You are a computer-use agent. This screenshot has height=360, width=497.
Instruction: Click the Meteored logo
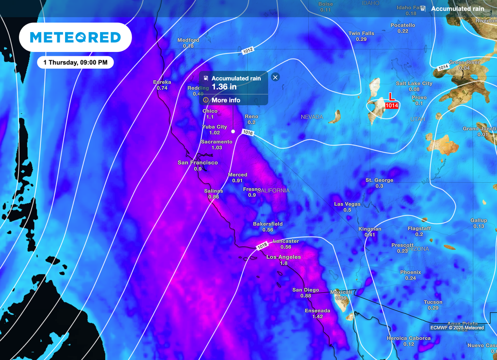pos(75,37)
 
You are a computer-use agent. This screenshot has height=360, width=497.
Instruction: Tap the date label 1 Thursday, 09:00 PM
pos(75,63)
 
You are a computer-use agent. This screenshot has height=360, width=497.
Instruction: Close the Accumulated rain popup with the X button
pos(275,77)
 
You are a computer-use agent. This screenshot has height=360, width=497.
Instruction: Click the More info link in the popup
pos(225,100)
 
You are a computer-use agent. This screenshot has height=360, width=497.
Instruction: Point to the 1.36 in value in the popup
pos(224,87)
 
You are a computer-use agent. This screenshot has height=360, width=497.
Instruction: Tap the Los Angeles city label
pos(283,257)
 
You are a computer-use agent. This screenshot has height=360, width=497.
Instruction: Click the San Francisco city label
pos(198,163)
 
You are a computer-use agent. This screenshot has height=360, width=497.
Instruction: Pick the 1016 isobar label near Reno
pos(248,132)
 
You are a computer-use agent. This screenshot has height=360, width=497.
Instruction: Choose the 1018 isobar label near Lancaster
pos(262,246)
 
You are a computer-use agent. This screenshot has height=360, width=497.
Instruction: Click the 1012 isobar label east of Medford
pos(248,50)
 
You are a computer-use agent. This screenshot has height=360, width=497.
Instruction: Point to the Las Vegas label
pos(347,204)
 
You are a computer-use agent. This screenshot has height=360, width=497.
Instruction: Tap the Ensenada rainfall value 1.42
pos(317,316)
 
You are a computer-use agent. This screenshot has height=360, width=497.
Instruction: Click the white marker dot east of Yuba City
pos(233,131)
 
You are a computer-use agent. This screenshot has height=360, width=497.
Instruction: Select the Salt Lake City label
pos(414,83)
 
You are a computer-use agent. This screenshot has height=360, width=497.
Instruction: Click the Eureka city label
pos(162,82)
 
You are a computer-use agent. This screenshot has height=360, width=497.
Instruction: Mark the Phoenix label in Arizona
pos(410,272)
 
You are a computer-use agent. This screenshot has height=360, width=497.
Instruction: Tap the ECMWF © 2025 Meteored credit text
pos(457,327)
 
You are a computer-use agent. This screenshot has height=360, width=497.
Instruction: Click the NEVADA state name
pos(312,117)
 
